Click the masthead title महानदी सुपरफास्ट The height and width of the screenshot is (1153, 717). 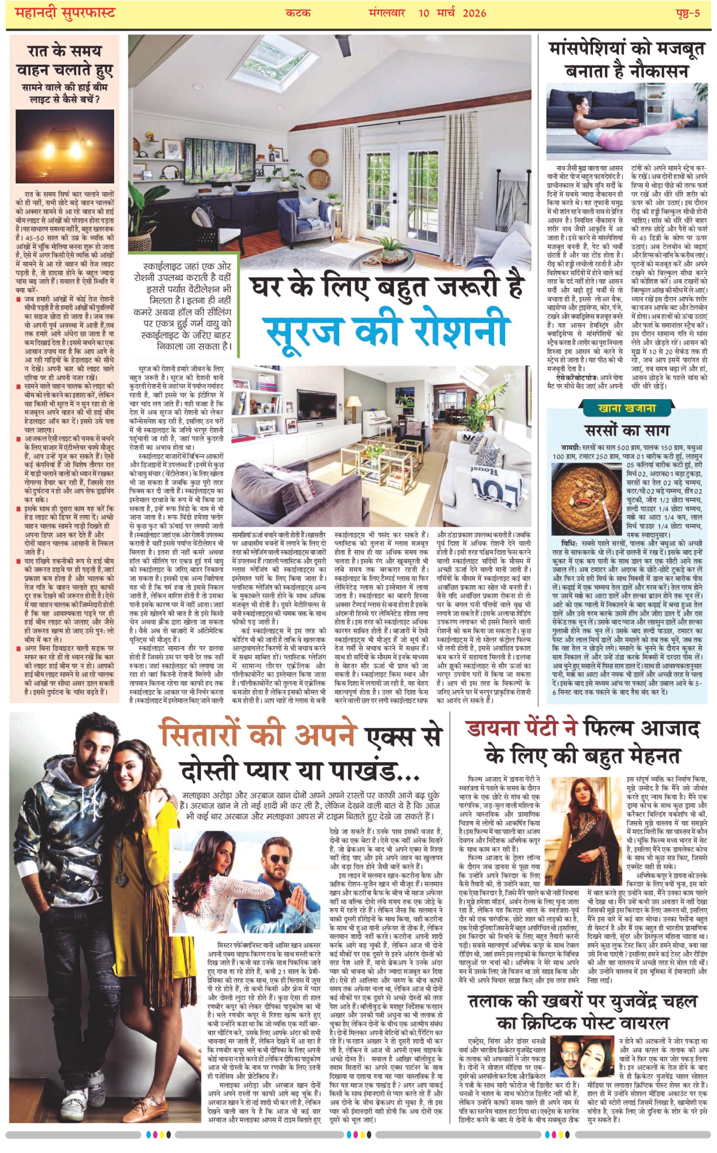(65, 13)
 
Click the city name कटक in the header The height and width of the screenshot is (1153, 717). (298, 13)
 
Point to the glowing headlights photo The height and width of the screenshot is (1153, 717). (65, 146)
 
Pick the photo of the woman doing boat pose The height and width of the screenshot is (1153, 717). (626, 122)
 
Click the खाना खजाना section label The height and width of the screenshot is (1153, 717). (627, 408)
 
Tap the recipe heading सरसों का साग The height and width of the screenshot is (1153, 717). (627, 430)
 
